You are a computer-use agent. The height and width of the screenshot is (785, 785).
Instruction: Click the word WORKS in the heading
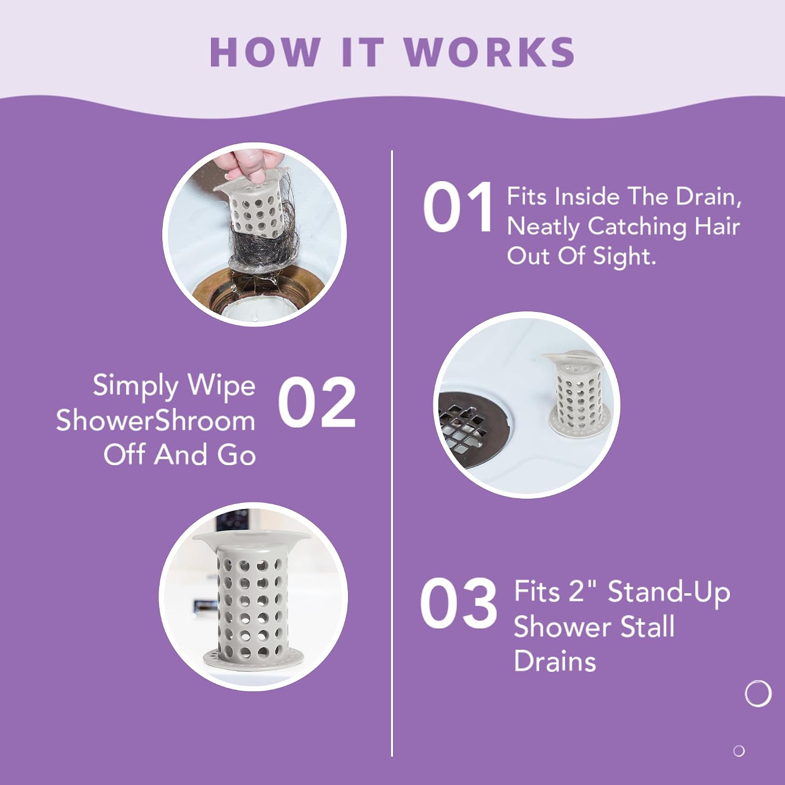click(489, 52)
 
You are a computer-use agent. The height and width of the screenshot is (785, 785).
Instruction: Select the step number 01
click(458, 207)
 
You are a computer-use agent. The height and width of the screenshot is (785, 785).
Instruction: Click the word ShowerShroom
click(155, 420)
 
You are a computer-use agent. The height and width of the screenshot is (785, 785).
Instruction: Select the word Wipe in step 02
click(221, 386)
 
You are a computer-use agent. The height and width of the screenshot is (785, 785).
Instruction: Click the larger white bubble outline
click(758, 694)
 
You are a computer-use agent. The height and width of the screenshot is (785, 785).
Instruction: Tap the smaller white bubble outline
click(739, 751)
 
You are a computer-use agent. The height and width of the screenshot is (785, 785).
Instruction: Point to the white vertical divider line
click(392, 453)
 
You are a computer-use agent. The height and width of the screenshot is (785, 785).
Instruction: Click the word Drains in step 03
click(555, 661)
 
